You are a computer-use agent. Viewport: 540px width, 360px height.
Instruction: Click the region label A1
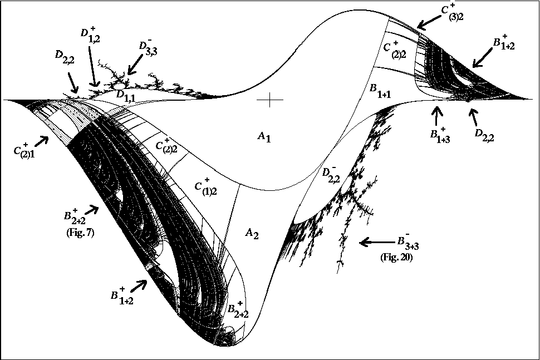(264, 137)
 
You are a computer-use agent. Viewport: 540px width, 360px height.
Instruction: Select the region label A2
(252, 234)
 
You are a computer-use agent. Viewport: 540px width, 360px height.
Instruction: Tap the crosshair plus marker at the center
(269, 100)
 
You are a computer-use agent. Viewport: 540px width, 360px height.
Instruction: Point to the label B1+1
(380, 91)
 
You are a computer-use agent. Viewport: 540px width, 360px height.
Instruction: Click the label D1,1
(126, 96)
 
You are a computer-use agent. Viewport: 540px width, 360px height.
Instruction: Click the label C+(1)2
(205, 186)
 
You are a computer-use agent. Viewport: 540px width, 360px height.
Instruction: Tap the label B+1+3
(440, 135)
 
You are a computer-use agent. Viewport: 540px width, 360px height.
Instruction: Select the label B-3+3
(408, 241)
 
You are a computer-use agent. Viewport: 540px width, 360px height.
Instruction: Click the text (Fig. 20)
(396, 257)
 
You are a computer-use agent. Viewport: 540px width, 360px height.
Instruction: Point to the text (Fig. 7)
(80, 233)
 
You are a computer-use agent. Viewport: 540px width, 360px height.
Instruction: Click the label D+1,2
(91, 34)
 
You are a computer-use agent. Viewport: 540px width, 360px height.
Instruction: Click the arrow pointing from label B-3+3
(376, 242)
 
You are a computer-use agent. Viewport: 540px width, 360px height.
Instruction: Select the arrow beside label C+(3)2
(428, 22)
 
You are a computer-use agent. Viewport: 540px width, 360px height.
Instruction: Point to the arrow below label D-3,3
(134, 65)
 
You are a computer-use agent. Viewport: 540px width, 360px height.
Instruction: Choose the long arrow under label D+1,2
(94, 66)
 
